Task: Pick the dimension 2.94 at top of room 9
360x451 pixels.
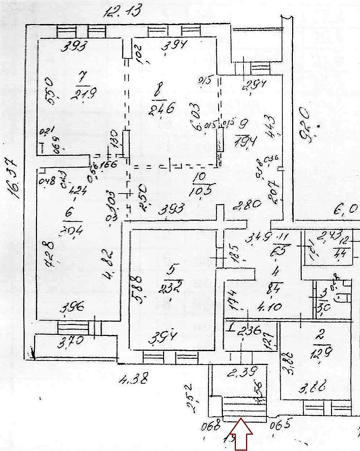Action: pos(254,85)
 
